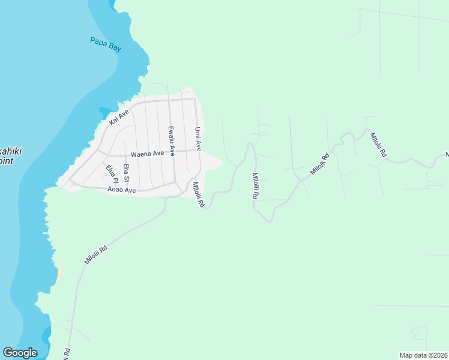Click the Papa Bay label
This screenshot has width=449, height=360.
[x=106, y=44]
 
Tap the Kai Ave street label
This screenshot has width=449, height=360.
[x=119, y=118]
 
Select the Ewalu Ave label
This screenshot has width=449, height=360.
[x=171, y=141]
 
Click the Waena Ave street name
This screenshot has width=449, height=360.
[x=147, y=154]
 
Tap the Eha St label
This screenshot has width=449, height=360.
[x=126, y=173]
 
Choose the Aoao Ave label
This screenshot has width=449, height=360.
[x=122, y=190]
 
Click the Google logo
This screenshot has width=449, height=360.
[x=20, y=353]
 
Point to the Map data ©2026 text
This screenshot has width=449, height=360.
[x=423, y=355]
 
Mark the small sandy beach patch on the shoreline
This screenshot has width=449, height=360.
[x=59, y=272]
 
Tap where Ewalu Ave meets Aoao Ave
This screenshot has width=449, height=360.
[x=175, y=185]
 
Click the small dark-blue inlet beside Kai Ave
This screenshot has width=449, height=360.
[x=105, y=112]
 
